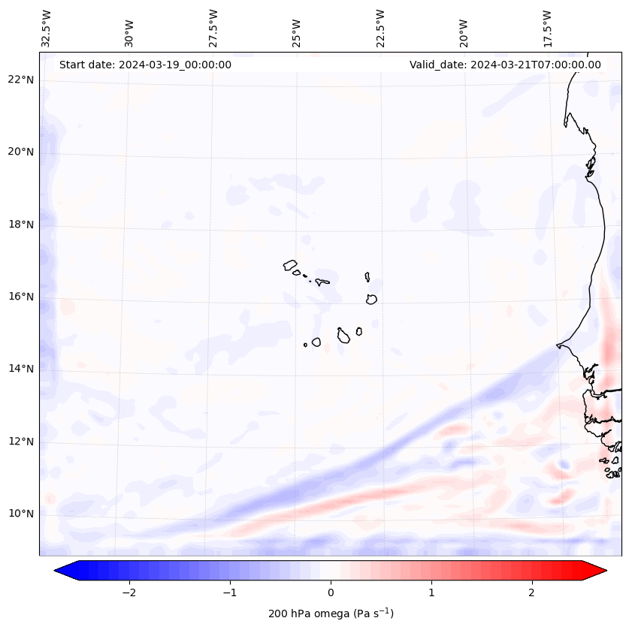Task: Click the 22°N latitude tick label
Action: (x=21, y=80)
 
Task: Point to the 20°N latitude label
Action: (x=21, y=152)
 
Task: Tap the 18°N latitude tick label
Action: (x=21, y=225)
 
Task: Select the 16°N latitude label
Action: (x=21, y=297)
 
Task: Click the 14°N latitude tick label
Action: (x=21, y=369)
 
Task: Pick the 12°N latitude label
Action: (x=21, y=442)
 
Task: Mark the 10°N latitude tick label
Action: (x=21, y=514)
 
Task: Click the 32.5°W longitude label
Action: (x=47, y=28)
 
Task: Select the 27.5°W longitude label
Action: (x=213, y=28)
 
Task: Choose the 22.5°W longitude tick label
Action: (x=380, y=28)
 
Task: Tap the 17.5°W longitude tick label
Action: (x=547, y=28)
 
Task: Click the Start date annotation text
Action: (x=145, y=65)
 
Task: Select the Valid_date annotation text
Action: (x=505, y=65)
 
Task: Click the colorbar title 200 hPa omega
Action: (x=331, y=613)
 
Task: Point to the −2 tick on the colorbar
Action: (x=129, y=592)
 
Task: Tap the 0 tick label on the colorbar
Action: (x=331, y=592)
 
